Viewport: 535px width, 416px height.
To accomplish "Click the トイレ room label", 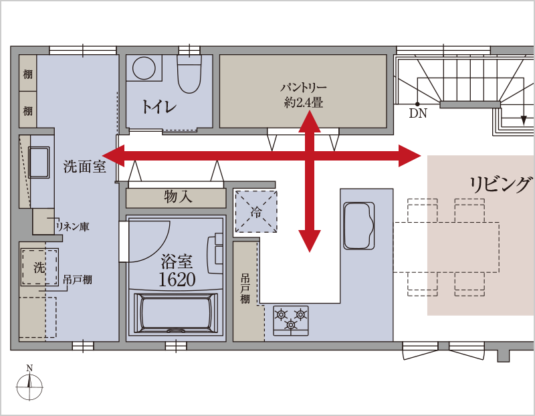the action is pyautogui.click(x=158, y=106).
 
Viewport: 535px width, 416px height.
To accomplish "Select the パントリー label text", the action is pyautogui.click(x=304, y=88).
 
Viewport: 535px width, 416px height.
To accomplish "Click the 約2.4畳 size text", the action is pyautogui.click(x=304, y=102).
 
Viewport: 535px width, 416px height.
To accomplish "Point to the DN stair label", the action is pyautogui.click(x=418, y=113).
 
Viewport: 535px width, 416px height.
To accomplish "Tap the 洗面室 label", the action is pyautogui.click(x=85, y=167).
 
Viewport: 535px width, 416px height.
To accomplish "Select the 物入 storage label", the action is pyautogui.click(x=178, y=197).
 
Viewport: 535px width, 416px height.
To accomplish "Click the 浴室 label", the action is pyautogui.click(x=177, y=262).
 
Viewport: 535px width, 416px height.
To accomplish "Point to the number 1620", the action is pyautogui.click(x=177, y=279).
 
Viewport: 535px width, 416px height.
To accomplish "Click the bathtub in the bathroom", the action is pyautogui.click(x=176, y=314).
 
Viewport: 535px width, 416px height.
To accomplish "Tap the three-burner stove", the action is pyautogui.click(x=291, y=320).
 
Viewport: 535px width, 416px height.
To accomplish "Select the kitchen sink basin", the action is pyautogui.click(x=359, y=225).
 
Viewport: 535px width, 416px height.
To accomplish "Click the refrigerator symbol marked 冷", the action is pyautogui.click(x=256, y=211).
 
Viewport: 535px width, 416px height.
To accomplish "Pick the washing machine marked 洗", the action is pyautogui.click(x=39, y=268).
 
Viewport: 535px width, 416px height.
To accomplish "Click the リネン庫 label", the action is pyautogui.click(x=73, y=226).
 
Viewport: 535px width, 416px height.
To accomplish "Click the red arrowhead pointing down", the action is pyautogui.click(x=310, y=241).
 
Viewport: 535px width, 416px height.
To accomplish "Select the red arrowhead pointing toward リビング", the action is pyautogui.click(x=409, y=156).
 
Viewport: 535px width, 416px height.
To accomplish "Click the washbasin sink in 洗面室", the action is pyautogui.click(x=39, y=163).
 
